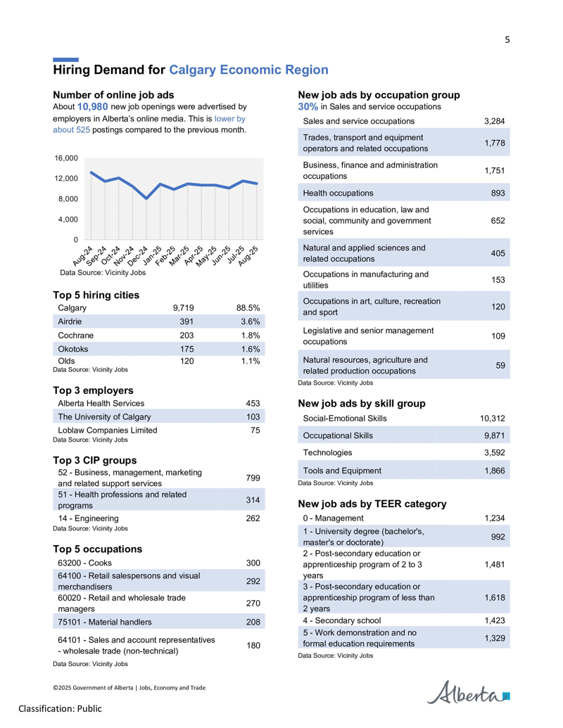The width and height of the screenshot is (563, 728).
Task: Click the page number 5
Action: tap(507, 40)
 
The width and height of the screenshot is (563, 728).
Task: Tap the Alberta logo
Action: tap(468, 693)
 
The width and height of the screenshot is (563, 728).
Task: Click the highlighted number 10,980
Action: tap(92, 107)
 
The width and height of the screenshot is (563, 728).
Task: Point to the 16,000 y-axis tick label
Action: tap(66, 158)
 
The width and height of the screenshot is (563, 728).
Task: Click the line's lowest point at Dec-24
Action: tap(146, 198)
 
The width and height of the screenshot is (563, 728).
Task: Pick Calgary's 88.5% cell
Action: tap(248, 308)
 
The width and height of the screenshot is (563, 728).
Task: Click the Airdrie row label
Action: tap(70, 321)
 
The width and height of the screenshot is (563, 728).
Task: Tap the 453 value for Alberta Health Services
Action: tap(253, 404)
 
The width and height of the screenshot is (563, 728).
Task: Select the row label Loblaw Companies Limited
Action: tap(107, 430)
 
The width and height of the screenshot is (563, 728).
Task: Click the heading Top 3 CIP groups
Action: tap(95, 460)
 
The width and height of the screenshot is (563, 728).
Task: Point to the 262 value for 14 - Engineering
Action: tap(253, 518)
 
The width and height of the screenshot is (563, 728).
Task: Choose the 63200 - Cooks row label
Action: tap(84, 563)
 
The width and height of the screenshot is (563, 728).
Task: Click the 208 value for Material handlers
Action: tap(253, 622)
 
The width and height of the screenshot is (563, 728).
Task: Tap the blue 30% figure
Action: tap(308, 107)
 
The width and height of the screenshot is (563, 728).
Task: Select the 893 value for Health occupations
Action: tap(498, 193)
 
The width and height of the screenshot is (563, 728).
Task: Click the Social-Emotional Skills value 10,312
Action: tap(493, 419)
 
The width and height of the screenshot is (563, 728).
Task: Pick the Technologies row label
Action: tap(327, 453)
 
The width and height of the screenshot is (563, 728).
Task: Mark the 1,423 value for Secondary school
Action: tap(495, 620)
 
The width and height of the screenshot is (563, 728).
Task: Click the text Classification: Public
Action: tap(61, 708)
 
